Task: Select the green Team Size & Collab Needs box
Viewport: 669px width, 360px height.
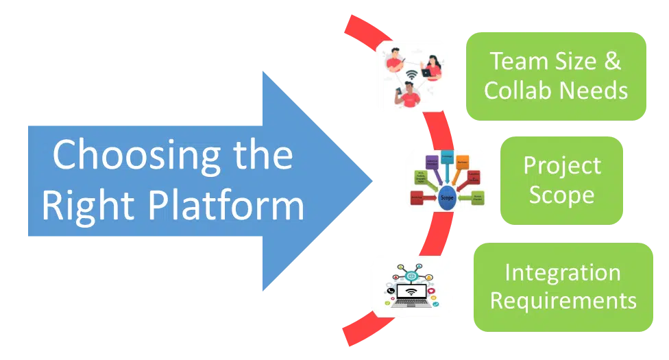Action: (x=556, y=76)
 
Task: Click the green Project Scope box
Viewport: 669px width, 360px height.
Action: (x=561, y=180)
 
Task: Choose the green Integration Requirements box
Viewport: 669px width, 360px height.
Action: (x=563, y=287)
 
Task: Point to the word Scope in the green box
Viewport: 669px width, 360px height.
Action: (x=561, y=195)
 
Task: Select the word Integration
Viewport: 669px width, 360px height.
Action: (x=563, y=272)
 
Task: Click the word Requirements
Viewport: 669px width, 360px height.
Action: (x=563, y=300)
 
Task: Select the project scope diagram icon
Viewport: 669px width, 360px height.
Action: (x=445, y=181)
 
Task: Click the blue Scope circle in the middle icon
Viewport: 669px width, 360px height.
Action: (x=447, y=195)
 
